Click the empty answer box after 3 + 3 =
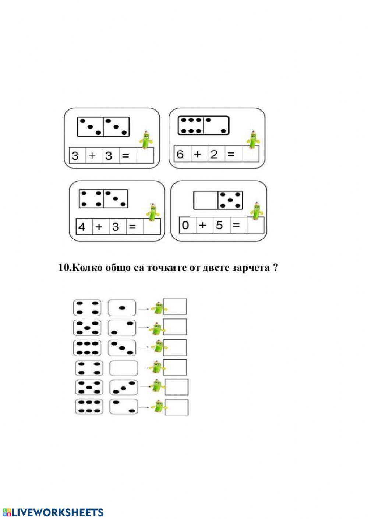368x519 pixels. click(x=145, y=155)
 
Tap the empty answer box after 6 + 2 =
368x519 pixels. click(x=250, y=154)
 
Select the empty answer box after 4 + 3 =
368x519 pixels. click(x=152, y=226)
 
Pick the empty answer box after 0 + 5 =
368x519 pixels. click(x=255, y=225)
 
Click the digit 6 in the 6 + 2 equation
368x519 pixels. click(x=180, y=154)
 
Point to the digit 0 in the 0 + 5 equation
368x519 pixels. click(x=185, y=225)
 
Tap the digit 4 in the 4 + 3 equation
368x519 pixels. click(x=82, y=227)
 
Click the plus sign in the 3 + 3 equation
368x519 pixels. click(x=92, y=155)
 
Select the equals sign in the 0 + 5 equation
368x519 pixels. click(x=236, y=225)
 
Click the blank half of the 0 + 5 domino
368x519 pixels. click(x=206, y=200)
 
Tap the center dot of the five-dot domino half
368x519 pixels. click(x=230, y=200)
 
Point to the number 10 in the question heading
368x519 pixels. click(x=64, y=268)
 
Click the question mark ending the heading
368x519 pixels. click(x=275, y=267)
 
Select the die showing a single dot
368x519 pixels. click(x=122, y=308)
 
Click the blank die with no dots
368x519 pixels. click(x=124, y=368)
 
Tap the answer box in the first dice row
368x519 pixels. click(x=175, y=306)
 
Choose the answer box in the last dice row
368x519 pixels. click(x=177, y=407)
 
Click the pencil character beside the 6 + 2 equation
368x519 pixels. click(x=253, y=140)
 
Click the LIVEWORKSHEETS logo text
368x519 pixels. click(x=53, y=512)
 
